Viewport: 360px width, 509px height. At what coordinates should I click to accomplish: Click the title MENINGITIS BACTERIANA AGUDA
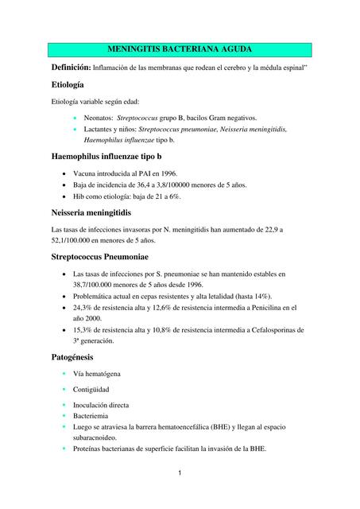[179, 49]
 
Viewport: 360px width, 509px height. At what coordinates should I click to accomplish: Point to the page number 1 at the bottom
[180, 474]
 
